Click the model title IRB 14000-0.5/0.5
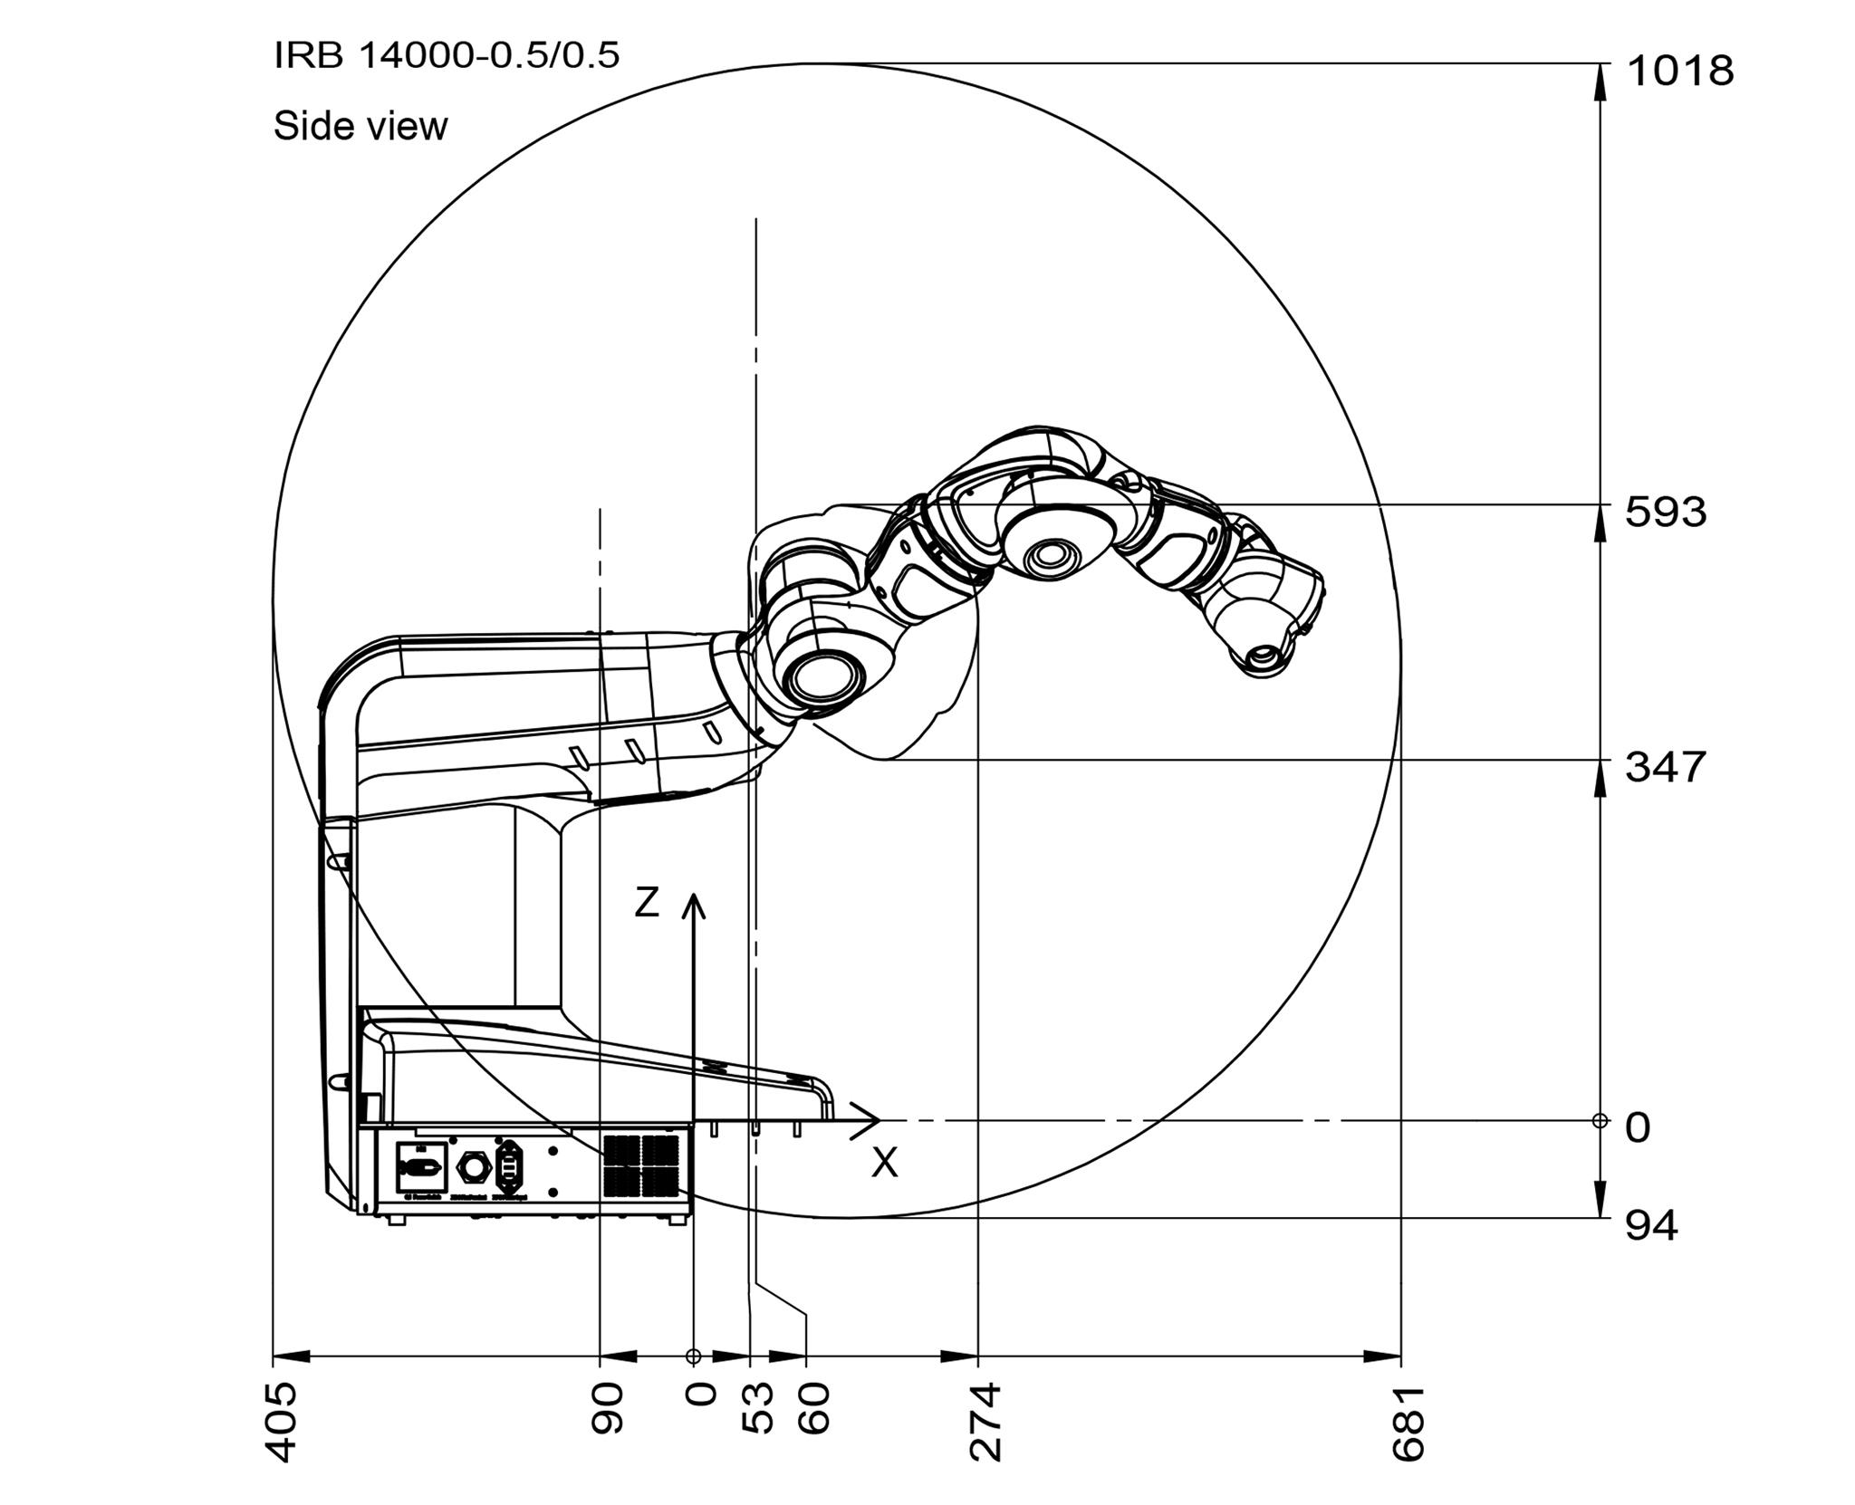(x=447, y=56)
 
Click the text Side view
(x=360, y=126)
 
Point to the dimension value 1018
(x=1680, y=71)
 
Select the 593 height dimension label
(x=1665, y=513)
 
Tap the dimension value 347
(x=1665, y=767)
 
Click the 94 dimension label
(x=1650, y=1226)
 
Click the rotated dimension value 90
(x=608, y=1408)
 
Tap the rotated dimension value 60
(x=814, y=1408)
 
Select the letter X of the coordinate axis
(x=885, y=1163)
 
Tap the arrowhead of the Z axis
(x=694, y=902)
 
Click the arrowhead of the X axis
(x=871, y=1121)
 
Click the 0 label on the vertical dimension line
(x=1638, y=1128)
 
